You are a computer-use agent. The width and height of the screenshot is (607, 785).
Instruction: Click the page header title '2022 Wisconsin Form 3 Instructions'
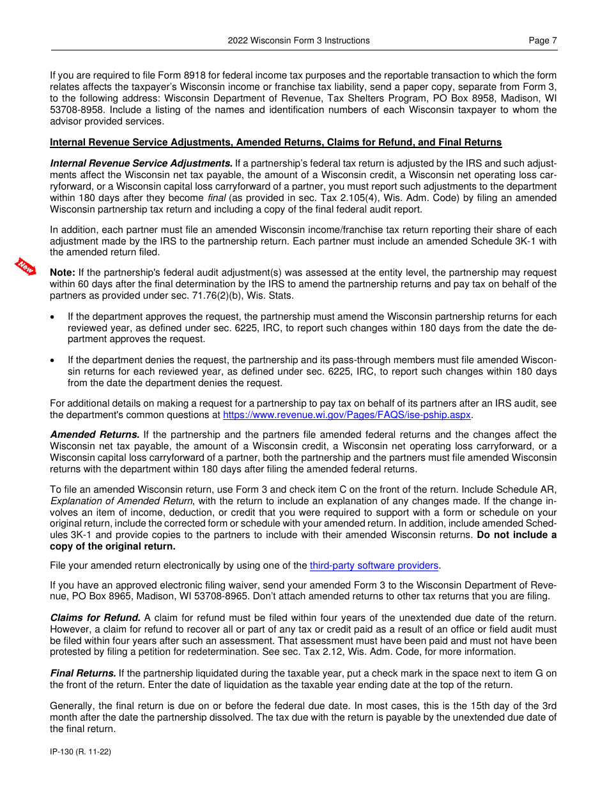(298, 40)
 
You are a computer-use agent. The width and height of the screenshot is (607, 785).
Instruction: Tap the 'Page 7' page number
(542, 40)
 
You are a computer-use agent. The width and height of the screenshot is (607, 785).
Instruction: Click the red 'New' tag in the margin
(26, 267)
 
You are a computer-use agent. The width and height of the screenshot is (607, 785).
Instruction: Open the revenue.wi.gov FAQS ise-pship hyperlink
(347, 415)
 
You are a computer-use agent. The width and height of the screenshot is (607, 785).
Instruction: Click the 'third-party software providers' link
(374, 565)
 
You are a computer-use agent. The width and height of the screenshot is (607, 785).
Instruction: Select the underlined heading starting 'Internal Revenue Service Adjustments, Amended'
(275, 142)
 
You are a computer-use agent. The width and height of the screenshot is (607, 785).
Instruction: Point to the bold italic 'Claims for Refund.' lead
(95, 617)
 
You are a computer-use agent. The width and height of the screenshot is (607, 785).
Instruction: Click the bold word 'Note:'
(63, 273)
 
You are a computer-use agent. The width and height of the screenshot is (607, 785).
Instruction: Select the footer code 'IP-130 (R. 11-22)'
(81, 752)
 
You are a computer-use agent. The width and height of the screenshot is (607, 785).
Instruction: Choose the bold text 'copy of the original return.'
(112, 546)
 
